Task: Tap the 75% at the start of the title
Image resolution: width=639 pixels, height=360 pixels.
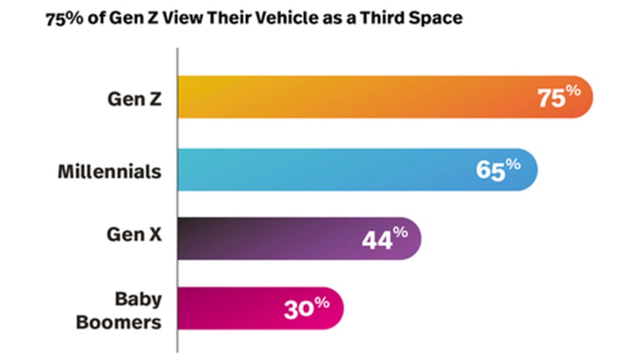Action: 61,18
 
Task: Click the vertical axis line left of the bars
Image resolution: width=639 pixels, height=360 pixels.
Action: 177,196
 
